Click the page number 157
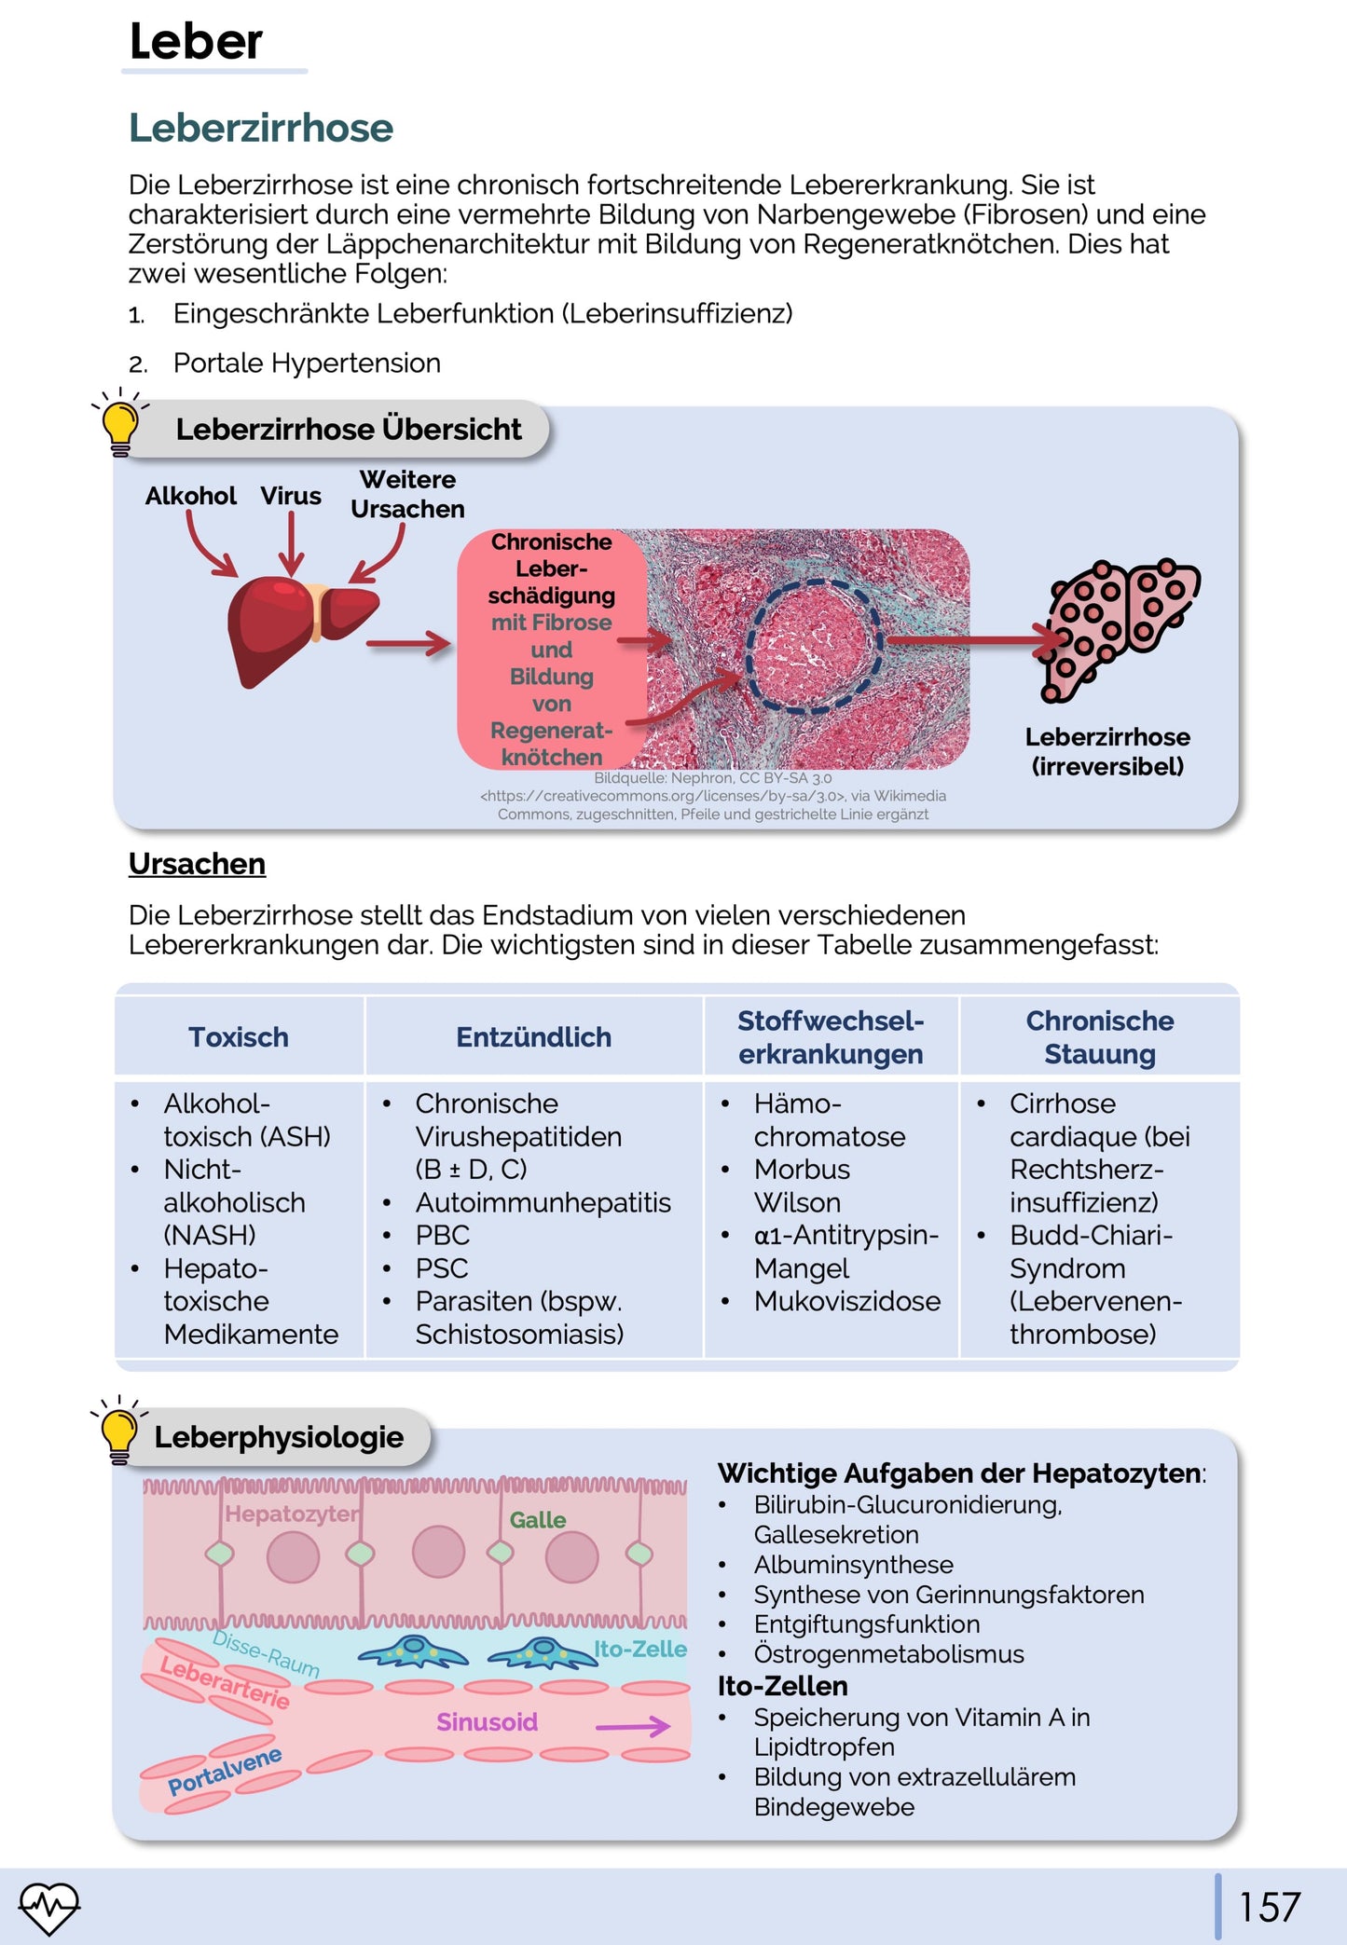coord(1269,1907)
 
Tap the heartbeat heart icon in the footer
coord(49,1906)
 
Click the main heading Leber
coord(196,42)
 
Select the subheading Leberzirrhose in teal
coord(261,128)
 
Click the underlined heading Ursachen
coord(197,864)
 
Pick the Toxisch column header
coord(239,1037)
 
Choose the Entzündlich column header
coord(533,1037)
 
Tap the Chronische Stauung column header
coord(1099,1037)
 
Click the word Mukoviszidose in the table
coord(846,1301)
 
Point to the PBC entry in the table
coord(443,1235)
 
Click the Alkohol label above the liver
coord(191,496)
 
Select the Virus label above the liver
coord(291,496)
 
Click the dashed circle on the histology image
coord(813,646)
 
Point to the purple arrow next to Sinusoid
coord(633,1727)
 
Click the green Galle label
coord(537,1520)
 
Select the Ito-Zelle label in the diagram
coord(640,1649)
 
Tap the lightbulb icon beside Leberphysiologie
coord(119,1431)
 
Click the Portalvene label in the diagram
coord(225,1771)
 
